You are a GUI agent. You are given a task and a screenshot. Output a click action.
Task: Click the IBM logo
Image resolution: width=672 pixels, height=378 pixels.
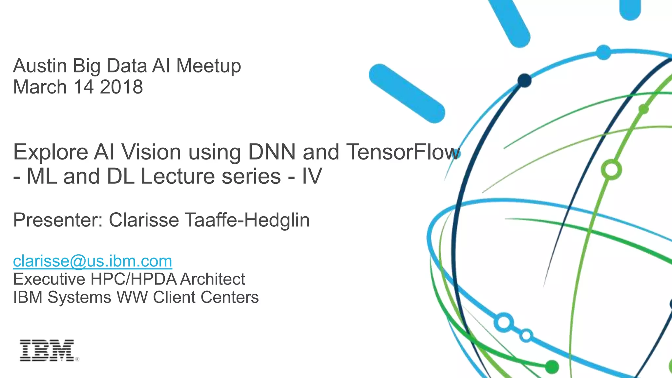47,350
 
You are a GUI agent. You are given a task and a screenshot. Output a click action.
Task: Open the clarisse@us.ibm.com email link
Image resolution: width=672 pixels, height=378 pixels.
93,261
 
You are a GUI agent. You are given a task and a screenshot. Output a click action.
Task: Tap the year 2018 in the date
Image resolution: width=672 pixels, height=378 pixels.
121,87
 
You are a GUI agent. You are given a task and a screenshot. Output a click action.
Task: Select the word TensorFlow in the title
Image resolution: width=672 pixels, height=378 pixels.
403,152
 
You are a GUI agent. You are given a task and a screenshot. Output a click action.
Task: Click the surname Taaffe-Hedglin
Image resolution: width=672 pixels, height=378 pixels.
247,220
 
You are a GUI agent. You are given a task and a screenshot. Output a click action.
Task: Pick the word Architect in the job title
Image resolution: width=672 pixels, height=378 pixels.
212,279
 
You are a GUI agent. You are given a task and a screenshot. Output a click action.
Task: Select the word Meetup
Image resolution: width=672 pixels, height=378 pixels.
209,66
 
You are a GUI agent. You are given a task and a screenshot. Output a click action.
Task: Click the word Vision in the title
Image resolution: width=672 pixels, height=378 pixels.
151,152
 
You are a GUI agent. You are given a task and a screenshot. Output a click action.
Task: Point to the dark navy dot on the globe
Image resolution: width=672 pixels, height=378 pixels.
524,80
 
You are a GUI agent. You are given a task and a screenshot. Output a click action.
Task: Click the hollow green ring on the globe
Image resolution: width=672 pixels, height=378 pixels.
611,170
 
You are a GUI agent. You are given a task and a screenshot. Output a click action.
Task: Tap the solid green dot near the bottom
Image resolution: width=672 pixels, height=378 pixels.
552,367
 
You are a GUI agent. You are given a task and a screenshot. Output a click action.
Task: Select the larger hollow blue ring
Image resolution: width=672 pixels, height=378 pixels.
504,322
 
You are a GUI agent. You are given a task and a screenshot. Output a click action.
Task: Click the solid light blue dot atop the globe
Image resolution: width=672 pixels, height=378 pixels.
603,52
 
